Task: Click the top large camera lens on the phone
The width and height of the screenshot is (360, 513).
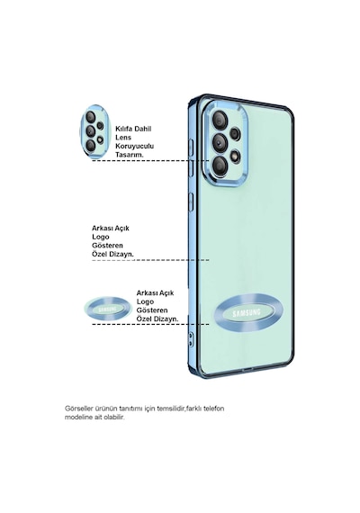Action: point(220,120)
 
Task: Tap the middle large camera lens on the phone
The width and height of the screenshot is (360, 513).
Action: point(220,142)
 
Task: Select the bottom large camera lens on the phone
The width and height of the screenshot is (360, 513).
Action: point(220,166)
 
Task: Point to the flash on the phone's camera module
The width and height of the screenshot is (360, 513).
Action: point(235,157)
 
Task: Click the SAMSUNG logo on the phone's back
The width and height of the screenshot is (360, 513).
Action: point(247,313)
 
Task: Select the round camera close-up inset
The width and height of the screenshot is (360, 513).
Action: point(94,131)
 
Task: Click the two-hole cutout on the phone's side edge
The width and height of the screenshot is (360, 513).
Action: point(190,339)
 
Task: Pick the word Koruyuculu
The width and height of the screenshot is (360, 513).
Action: point(134,146)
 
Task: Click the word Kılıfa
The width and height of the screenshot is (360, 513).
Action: point(124,129)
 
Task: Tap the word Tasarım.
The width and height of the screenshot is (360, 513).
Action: point(130,155)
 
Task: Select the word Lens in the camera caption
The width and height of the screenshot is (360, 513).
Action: point(123,138)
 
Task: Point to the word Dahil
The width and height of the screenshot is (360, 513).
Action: point(143,129)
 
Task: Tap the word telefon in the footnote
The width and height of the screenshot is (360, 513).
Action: point(214,409)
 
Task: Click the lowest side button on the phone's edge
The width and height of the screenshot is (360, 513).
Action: point(191,202)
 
